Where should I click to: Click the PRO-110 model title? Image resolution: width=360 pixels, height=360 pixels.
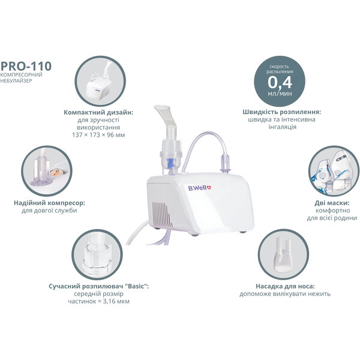point(26,66)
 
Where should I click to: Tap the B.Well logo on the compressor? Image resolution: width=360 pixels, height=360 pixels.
point(199,188)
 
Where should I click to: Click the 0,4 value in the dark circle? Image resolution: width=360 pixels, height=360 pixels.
point(280,82)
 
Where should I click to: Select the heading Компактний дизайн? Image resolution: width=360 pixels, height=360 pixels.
point(98,113)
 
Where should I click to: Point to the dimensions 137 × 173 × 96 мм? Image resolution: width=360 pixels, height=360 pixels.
point(98,135)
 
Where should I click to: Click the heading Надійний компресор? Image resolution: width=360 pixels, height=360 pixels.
point(49,203)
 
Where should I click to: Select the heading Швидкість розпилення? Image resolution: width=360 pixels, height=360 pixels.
point(282,112)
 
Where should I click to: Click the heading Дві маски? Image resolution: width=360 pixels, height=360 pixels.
point(332,203)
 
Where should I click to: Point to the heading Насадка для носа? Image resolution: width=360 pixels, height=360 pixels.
point(285,286)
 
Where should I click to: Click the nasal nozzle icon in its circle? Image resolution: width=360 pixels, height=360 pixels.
point(283,254)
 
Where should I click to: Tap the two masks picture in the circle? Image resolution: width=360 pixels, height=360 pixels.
point(334,171)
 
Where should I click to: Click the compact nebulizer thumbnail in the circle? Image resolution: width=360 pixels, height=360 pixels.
point(100,81)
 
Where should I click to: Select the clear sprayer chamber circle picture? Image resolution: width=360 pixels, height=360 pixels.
point(97,254)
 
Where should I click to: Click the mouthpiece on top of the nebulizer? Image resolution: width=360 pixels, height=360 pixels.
point(166,117)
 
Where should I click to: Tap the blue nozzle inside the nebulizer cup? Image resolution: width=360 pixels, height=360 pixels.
point(170,163)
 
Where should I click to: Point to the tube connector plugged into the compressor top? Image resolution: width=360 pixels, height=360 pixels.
point(225,164)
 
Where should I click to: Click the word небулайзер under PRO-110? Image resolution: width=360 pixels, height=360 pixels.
point(16,81)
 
